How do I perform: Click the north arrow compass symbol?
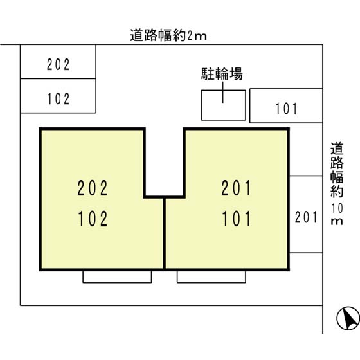348,318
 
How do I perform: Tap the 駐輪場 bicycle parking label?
222,74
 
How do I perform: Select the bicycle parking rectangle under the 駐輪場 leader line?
224,105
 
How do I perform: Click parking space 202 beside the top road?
58,62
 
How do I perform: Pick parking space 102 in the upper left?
58,96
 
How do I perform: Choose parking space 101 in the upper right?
286,105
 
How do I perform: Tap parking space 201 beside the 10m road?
306,214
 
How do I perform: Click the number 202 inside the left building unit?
93,188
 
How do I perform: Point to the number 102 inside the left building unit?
93,219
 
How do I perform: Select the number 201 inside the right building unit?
237,188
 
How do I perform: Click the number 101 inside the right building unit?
237,219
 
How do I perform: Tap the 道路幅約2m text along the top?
168,35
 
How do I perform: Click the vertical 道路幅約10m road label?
337,184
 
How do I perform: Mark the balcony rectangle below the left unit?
117,276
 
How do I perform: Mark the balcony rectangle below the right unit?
212,276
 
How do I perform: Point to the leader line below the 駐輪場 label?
223,93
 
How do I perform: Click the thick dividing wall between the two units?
164,233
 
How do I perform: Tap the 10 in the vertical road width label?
337,208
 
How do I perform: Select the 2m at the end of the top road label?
197,36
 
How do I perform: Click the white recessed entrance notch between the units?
164,162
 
